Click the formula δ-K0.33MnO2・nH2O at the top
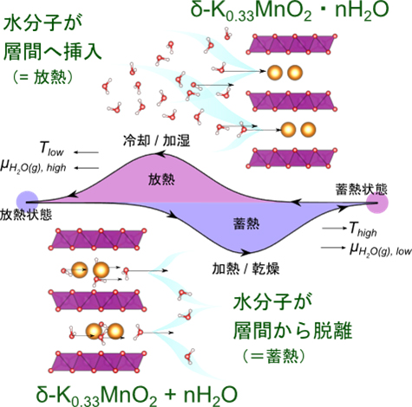tap(290, 11)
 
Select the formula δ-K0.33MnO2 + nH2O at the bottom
tap(137, 395)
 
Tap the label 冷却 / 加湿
tap(156, 141)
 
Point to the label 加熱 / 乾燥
tap(245, 269)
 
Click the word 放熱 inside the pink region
tap(161, 179)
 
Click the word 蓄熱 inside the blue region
tap(246, 223)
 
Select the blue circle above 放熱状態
tap(27, 202)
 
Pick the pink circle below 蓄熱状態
tap(377, 203)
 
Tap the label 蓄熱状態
tap(361, 189)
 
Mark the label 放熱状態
tap(26, 215)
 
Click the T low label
tap(51, 149)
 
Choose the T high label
tap(363, 230)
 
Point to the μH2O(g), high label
tap(33, 166)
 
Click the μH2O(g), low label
tap(381, 250)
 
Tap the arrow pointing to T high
tap(335, 229)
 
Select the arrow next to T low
tap(86, 152)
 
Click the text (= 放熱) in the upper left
tap(43, 77)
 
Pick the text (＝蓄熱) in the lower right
tap(273, 356)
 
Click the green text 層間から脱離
tap(292, 331)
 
